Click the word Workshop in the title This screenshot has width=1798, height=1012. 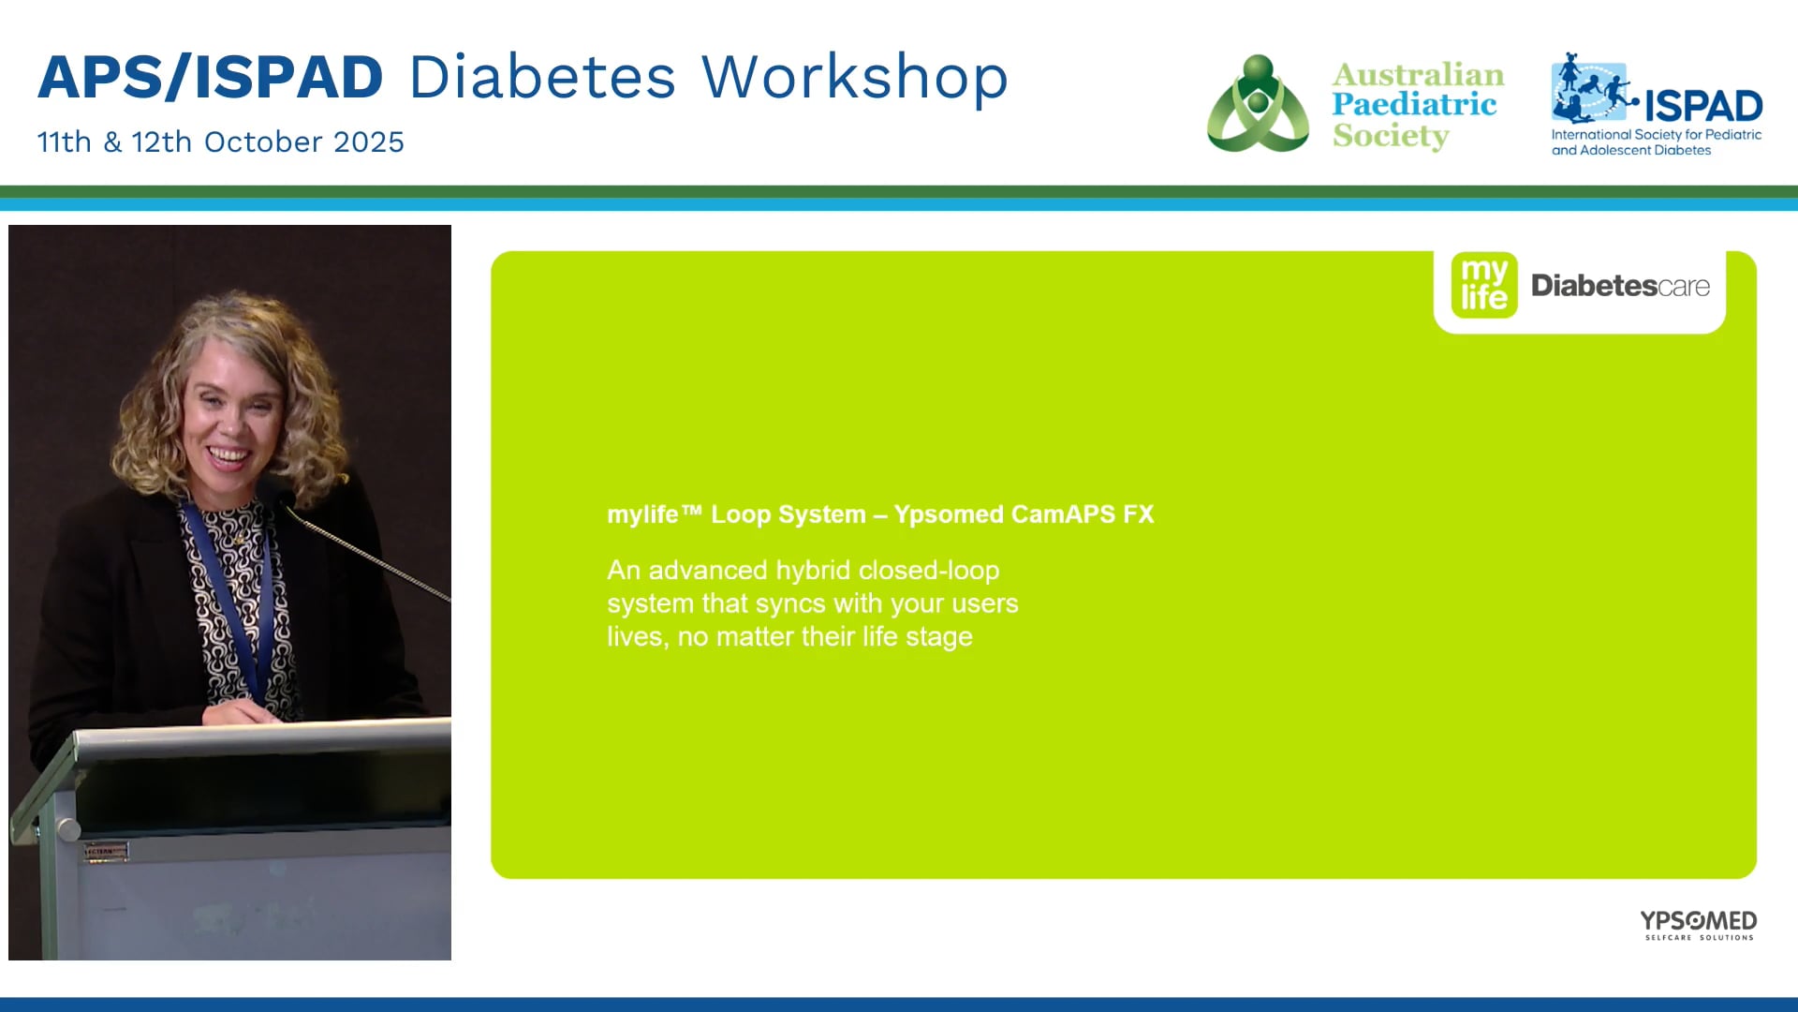pyautogui.click(x=855, y=79)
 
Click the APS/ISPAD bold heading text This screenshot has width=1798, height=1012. pyautogui.click(x=211, y=77)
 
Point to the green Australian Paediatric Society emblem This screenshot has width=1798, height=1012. pyautogui.click(x=1258, y=103)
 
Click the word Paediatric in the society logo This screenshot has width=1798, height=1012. pyautogui.click(x=1414, y=104)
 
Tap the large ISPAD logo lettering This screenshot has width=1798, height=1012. pyautogui.click(x=1703, y=106)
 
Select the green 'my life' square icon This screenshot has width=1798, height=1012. pyautogui.click(x=1484, y=285)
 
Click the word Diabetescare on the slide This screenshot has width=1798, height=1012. pyautogui.click(x=1620, y=286)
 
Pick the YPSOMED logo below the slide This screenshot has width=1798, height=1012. pyautogui.click(x=1698, y=924)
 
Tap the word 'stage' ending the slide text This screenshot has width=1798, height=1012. pyautogui.click(x=939, y=638)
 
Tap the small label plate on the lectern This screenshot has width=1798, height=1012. pyautogui.click(x=105, y=852)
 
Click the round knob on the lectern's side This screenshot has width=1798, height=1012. pyautogui.click(x=68, y=829)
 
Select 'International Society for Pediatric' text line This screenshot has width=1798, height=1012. pyautogui.click(x=1657, y=135)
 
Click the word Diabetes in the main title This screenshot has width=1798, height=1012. pyautogui.click(x=542, y=77)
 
